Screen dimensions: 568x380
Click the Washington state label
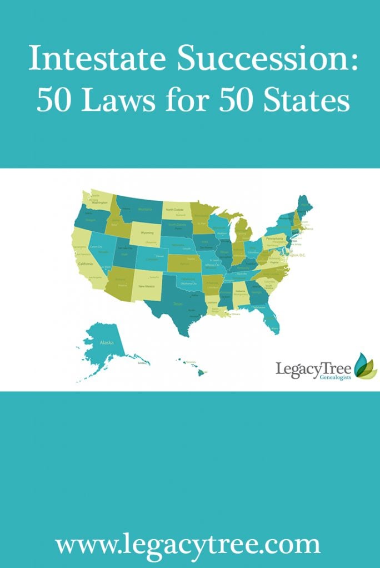pyautogui.click(x=100, y=203)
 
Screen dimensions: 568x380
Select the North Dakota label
pyautogui.click(x=175, y=210)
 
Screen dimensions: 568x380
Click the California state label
pyautogui.click(x=85, y=263)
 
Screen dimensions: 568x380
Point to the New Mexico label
pyautogui.click(x=146, y=286)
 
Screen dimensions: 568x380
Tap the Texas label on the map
pyautogui.click(x=178, y=304)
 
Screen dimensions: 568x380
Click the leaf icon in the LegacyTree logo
pyautogui.click(x=365, y=366)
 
